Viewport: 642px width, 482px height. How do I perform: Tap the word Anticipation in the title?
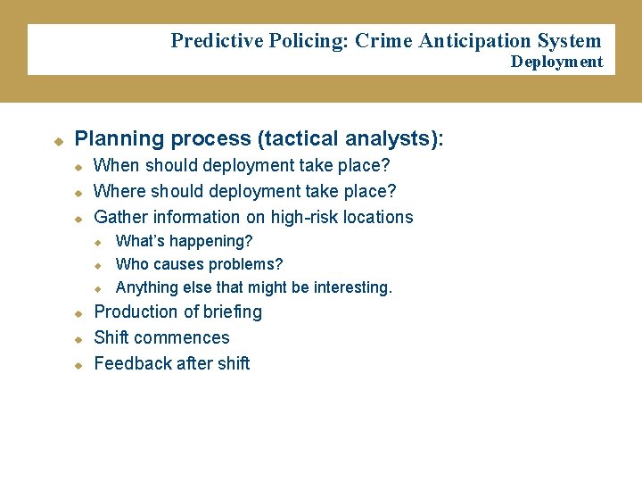point(475,41)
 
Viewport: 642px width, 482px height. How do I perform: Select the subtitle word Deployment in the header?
point(556,62)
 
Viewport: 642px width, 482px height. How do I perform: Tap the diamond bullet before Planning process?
point(58,141)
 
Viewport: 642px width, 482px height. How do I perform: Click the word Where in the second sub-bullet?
point(119,191)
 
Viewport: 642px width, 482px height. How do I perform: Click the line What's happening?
point(185,241)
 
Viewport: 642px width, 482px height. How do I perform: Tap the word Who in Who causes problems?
point(132,264)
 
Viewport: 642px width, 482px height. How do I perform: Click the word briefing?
point(234,312)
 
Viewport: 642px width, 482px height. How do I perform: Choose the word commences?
point(186,337)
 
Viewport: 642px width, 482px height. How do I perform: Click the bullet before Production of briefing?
point(78,313)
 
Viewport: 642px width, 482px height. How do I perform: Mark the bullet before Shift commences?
point(78,339)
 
